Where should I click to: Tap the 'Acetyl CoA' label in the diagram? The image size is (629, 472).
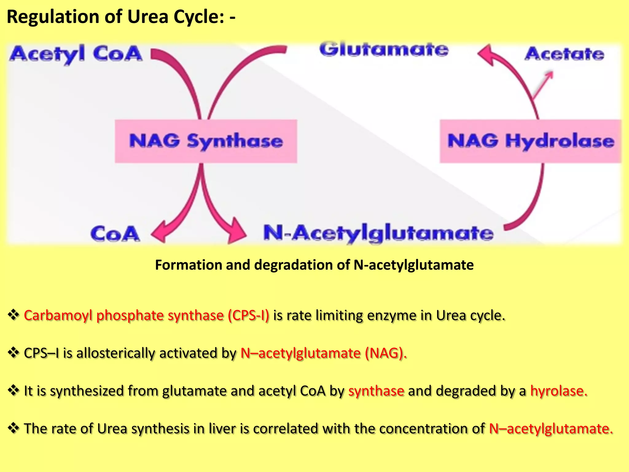point(76,54)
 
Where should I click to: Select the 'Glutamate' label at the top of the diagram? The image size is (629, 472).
point(384,50)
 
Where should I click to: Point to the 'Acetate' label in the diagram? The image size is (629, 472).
point(564,54)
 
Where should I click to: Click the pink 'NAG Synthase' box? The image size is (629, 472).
point(206,141)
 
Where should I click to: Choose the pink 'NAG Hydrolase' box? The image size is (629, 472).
point(530,141)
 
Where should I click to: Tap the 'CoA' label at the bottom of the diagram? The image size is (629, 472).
point(115,234)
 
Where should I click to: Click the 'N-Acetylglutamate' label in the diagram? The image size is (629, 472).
point(378,233)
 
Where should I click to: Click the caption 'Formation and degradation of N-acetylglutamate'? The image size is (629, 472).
point(314,265)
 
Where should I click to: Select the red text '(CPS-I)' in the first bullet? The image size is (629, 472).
point(248,315)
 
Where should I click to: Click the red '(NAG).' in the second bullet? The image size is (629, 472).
point(386,353)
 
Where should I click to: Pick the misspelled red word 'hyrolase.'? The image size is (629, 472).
point(559,391)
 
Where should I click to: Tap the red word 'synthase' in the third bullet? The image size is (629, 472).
point(376,391)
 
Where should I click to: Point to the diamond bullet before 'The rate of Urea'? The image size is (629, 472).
point(13,428)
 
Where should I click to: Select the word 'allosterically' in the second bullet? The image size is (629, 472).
point(115,353)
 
